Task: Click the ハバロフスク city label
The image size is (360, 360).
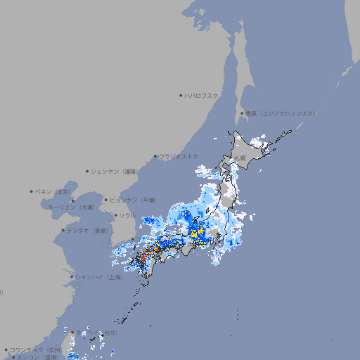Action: coord(202,95)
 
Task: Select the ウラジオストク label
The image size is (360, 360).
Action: coord(179,156)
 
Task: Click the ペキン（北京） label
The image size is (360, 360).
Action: coord(53,191)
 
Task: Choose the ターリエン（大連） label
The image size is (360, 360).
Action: coord(70,207)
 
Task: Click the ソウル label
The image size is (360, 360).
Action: coord(127,215)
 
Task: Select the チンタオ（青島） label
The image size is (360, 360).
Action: coord(86,230)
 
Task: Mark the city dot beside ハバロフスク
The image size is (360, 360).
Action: coord(181,95)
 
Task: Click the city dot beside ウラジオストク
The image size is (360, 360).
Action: coord(155,156)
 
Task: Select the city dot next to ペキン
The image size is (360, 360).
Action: coord(32,191)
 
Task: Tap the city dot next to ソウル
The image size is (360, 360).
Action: coord(115,215)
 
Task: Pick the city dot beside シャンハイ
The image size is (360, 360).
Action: coord(72,277)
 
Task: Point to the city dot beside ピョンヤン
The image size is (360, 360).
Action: coord(106,200)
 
